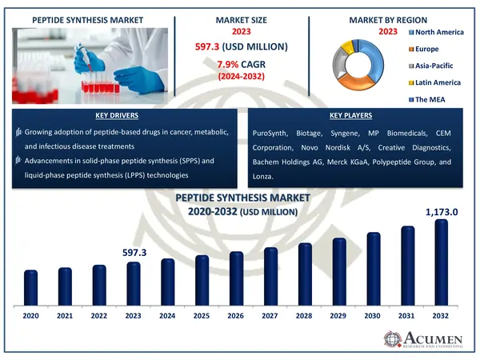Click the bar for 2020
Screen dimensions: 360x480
[30, 288]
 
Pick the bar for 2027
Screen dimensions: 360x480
[270, 277]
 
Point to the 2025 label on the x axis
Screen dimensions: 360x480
[202, 318]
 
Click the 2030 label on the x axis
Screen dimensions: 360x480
[373, 318]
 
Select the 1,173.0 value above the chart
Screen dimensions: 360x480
[441, 212]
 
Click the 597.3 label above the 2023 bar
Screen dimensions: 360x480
[134, 253]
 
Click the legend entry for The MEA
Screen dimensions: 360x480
[433, 99]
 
